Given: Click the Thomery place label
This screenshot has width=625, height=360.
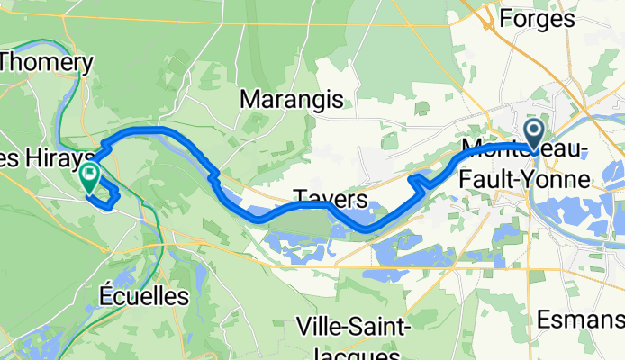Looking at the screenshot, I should coord(47,63).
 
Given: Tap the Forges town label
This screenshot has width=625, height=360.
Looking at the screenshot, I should coord(537,18).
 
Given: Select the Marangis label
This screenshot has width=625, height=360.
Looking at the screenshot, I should coord(291,99).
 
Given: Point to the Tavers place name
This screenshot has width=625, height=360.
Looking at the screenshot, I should coord(330,198).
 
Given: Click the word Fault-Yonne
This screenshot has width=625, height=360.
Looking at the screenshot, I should coord(526,179).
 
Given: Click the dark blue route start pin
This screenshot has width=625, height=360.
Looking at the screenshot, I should coord(534,135).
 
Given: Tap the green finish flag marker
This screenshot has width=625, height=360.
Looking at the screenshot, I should coord(90,175).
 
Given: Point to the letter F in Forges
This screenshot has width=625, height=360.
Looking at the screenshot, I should coord(505,18).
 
